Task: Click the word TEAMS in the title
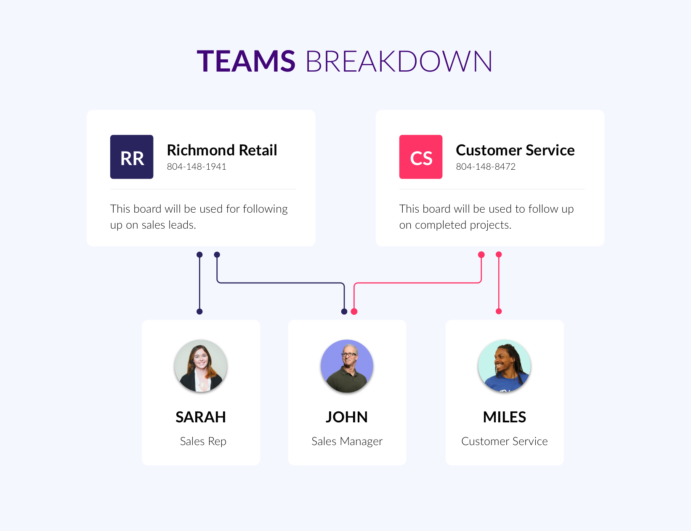[x=246, y=61]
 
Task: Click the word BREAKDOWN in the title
[x=399, y=61]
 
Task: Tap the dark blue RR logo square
[x=132, y=157]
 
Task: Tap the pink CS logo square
[x=421, y=157]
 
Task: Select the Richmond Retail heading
[x=222, y=150]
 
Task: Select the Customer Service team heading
[x=515, y=150]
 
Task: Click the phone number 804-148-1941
[x=197, y=167]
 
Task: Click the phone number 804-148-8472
[x=486, y=167]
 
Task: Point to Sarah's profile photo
[x=201, y=366]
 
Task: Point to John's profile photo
[x=347, y=366]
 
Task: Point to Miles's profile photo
[x=504, y=366]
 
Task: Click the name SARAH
[x=201, y=417]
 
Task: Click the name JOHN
[x=347, y=417]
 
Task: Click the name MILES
[x=504, y=417]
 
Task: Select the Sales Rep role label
[x=203, y=441]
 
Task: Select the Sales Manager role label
[x=347, y=441]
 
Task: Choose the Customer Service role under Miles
[x=504, y=441]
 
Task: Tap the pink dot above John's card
[x=354, y=312]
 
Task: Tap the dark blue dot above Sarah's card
[x=199, y=312]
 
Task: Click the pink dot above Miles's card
[x=499, y=312]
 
